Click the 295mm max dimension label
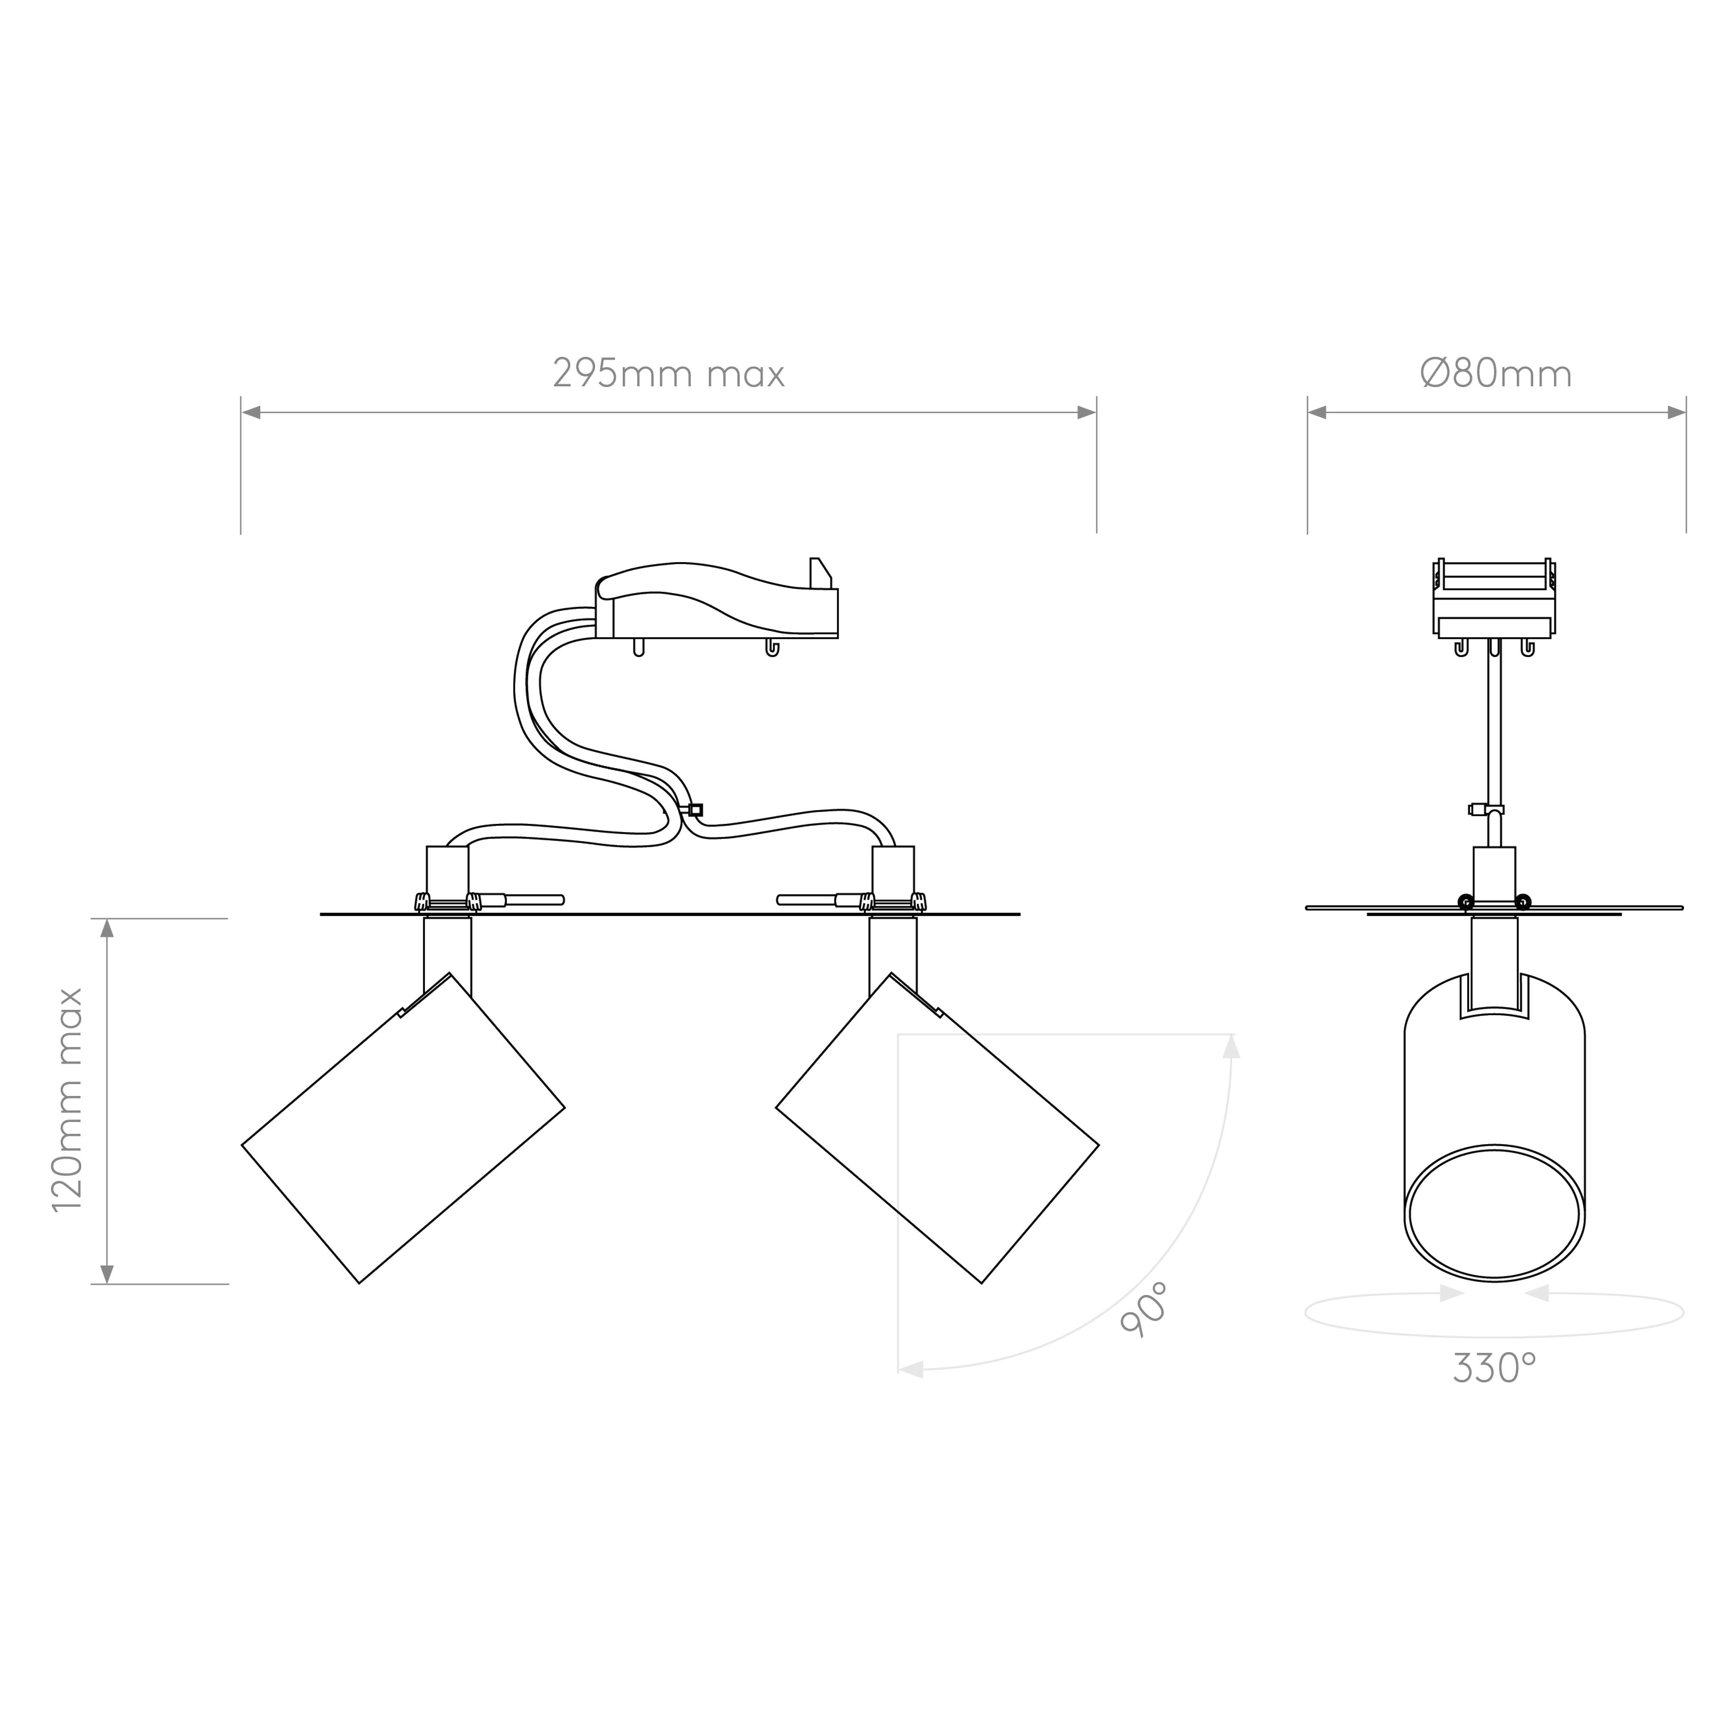pos(669,373)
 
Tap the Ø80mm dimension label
pos(1496,373)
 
